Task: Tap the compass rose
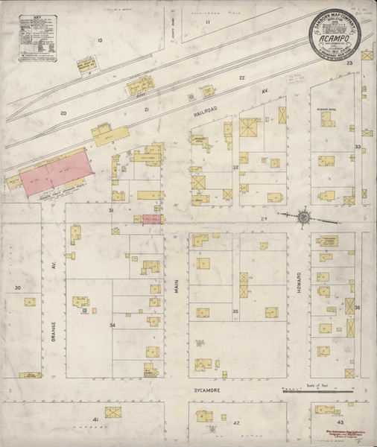pyautogui.click(x=303, y=217)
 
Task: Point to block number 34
pyautogui.click(x=113, y=326)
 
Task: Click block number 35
pyautogui.click(x=235, y=311)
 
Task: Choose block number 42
pyautogui.click(x=236, y=422)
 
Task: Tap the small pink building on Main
pyautogui.click(x=152, y=218)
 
